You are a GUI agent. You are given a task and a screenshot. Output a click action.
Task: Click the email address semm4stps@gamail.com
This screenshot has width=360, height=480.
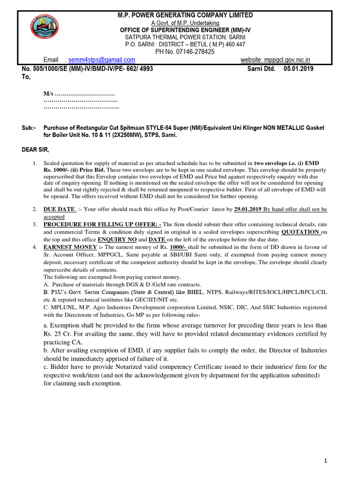pos(102,60)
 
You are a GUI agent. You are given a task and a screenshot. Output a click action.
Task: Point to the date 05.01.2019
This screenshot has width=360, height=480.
pos(299,68)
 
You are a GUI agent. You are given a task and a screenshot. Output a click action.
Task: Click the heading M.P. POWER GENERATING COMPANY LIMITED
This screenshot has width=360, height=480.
pos(185,15)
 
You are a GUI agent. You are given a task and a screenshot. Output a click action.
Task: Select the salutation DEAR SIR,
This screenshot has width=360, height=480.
pos(36,150)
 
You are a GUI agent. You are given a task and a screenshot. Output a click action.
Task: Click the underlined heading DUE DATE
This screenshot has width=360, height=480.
pos(59,210)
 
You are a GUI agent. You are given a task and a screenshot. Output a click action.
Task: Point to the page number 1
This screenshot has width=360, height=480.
pos(326,461)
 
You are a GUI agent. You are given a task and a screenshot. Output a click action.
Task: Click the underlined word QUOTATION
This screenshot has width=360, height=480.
pos(300,232)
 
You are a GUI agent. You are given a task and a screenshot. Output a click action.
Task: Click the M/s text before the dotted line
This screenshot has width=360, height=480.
pos(49,96)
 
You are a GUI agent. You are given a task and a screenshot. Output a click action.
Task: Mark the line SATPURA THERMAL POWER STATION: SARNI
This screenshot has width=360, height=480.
pos(185,37)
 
